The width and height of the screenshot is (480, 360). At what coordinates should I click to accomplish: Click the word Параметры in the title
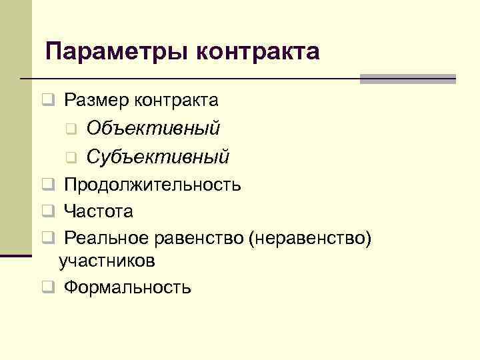(117, 51)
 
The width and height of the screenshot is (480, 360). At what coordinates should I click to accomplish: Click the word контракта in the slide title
(258, 51)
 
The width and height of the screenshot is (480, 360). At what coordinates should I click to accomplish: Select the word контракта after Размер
(176, 101)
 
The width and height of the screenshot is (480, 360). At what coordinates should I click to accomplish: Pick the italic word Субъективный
(158, 157)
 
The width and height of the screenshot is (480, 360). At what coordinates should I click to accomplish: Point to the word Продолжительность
(153, 184)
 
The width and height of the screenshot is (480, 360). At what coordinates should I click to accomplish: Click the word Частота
(99, 211)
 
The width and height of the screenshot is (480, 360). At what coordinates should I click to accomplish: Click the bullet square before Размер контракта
(47, 101)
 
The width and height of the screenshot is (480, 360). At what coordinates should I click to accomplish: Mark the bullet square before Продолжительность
(47, 185)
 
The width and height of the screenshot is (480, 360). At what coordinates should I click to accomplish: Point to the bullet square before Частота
(47, 212)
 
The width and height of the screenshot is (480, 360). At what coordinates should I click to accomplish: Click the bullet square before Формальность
(47, 288)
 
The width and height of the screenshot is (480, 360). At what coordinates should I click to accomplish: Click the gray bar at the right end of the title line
(407, 79)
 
